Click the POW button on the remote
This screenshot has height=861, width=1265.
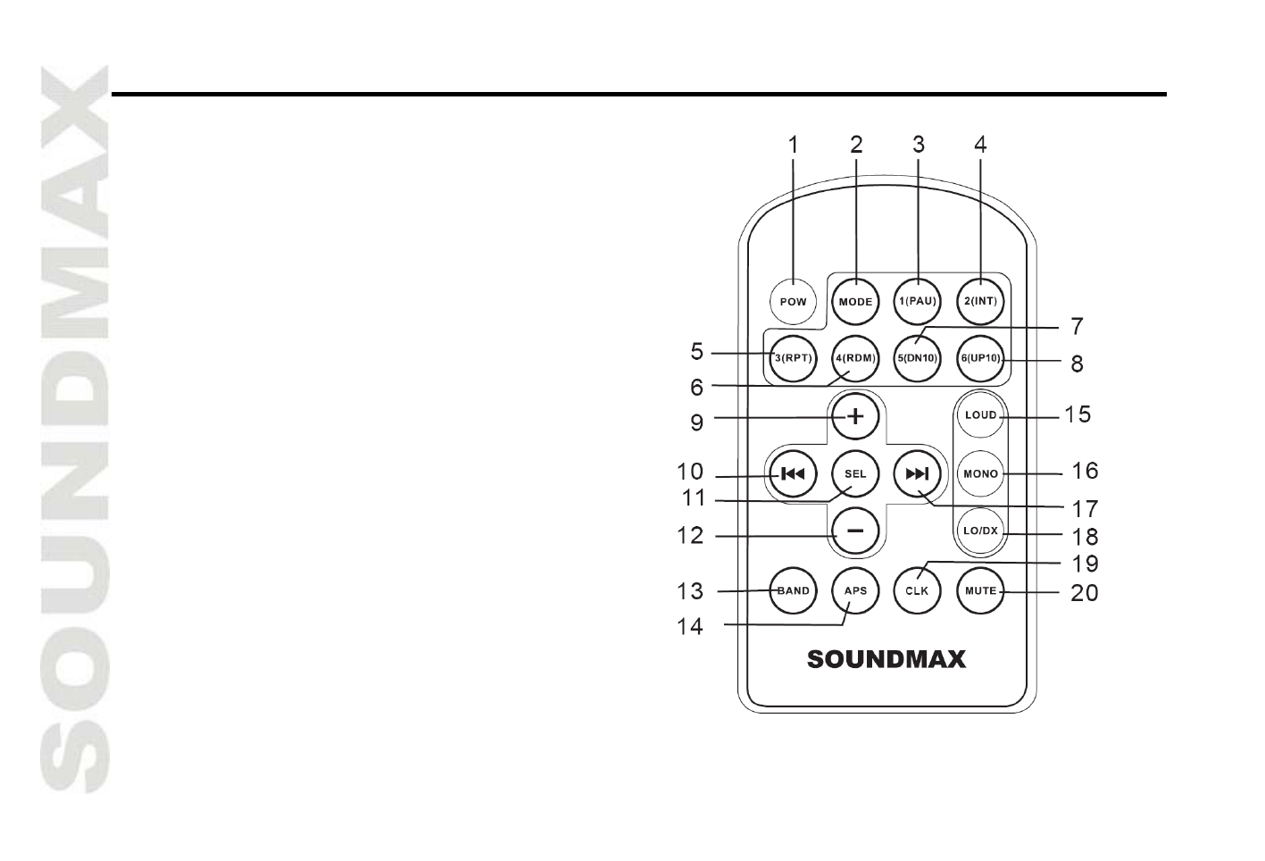[793, 302]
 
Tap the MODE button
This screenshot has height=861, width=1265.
[855, 302]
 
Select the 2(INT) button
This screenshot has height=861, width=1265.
[980, 302]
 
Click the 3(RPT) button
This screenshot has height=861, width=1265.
[793, 359]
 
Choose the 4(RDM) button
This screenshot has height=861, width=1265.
[855, 359]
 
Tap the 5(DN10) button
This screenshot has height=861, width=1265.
[918, 359]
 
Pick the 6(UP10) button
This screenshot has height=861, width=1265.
[980, 359]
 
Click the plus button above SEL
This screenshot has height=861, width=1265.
[855, 416]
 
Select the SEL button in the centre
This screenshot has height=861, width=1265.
[855, 473]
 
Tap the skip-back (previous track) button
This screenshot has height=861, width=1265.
[793, 473]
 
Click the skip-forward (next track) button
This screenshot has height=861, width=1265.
[918, 473]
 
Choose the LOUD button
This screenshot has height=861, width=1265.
[980, 415]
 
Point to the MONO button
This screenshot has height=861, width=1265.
[980, 473]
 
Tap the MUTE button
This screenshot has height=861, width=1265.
[980, 590]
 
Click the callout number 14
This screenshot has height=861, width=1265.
[690, 627]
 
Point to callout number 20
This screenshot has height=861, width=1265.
[1084, 593]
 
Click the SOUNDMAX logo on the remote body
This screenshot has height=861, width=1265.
[886, 659]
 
